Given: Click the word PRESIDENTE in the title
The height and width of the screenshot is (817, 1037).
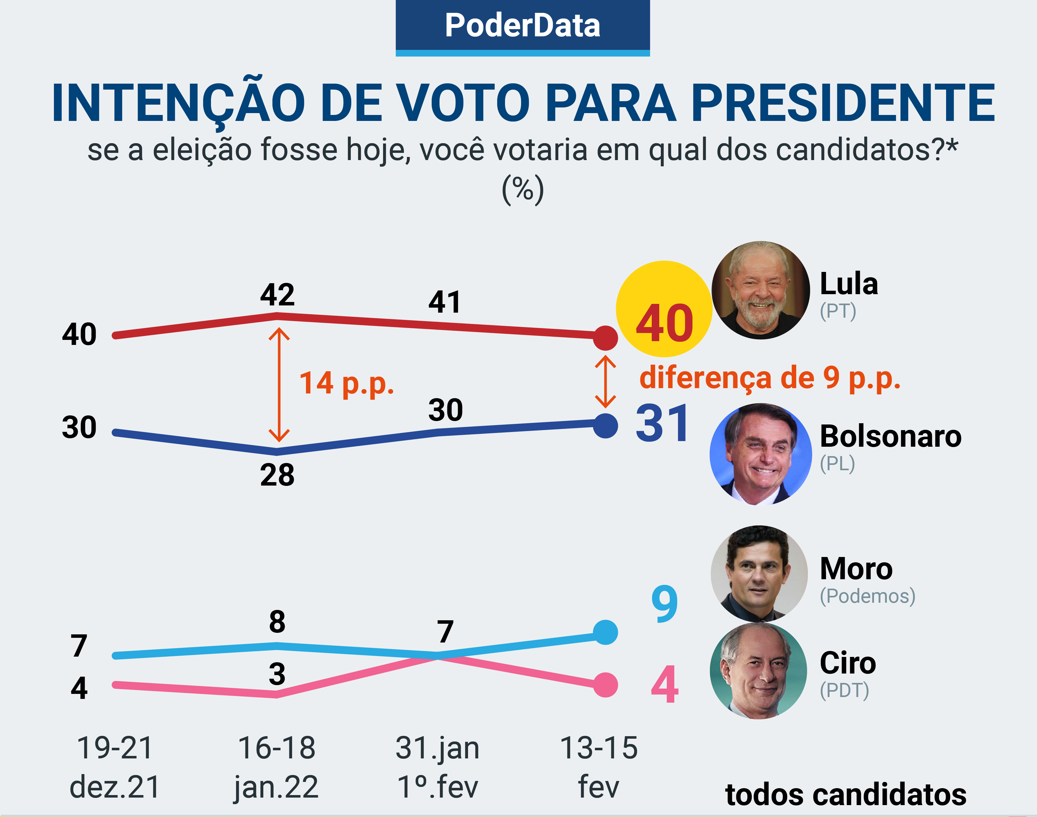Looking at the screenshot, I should [x=842, y=103].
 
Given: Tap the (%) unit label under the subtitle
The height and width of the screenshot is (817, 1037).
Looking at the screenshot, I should [x=523, y=190].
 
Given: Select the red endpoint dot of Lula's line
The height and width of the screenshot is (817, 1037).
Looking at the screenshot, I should [x=605, y=338].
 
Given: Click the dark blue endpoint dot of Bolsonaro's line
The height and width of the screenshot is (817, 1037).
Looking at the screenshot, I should [x=605, y=425].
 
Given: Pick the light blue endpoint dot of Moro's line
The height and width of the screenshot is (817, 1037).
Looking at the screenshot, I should [x=605, y=632].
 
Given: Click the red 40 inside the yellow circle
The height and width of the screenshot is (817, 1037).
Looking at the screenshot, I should [x=664, y=324].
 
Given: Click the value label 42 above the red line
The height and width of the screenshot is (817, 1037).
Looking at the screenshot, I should [x=277, y=295].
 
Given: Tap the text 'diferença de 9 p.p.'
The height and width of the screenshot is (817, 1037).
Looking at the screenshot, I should [x=770, y=378].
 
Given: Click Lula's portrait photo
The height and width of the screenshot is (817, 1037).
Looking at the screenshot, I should [x=761, y=290].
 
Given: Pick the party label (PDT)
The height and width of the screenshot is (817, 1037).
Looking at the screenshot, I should [x=844, y=690].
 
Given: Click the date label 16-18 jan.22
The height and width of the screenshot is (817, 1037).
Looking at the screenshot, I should [x=276, y=767].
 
